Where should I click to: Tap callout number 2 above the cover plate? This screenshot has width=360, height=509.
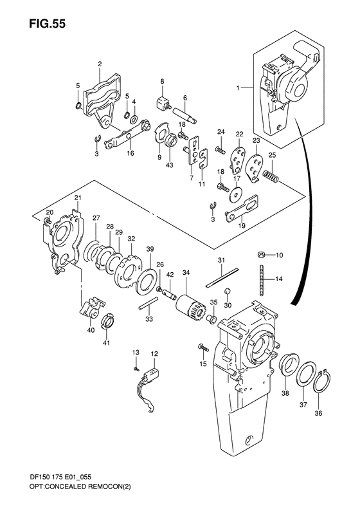tap(100, 64)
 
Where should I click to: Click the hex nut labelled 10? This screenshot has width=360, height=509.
tap(262, 255)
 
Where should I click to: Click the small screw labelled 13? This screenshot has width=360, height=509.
tap(137, 367)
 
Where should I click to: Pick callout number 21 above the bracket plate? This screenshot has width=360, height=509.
tap(78, 197)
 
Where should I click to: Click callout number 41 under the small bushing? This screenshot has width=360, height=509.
tap(107, 343)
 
